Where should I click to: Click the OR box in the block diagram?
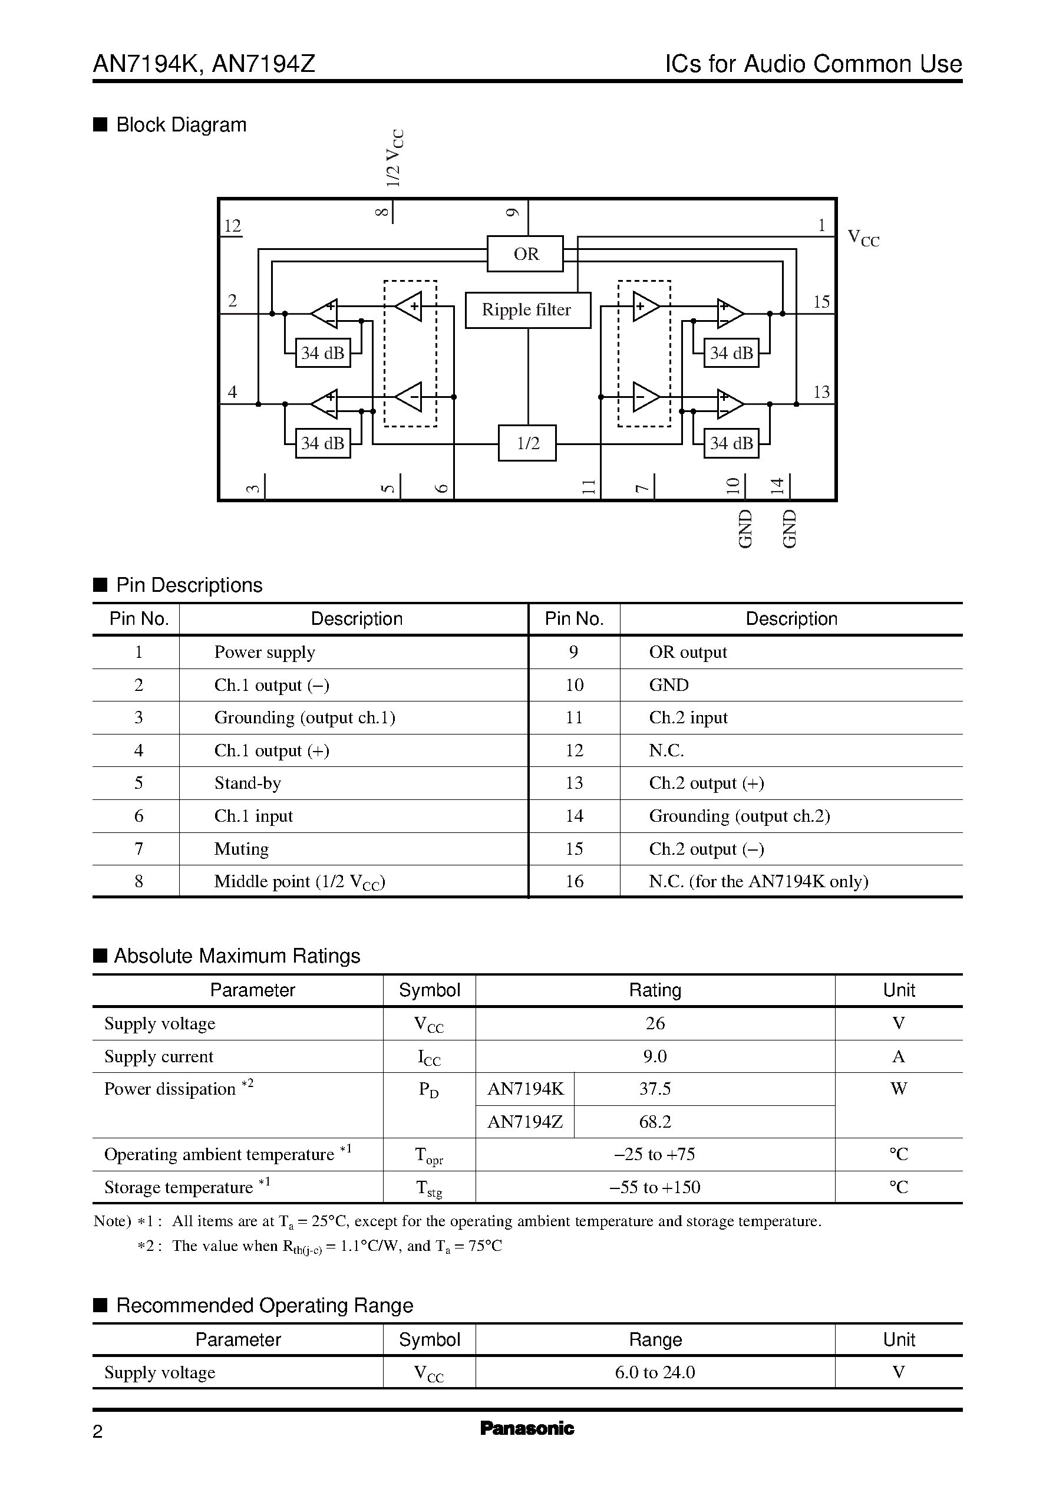pos(526,253)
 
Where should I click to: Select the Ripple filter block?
pos(527,309)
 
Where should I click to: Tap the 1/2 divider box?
pos(527,443)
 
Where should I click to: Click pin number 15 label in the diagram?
pos(821,302)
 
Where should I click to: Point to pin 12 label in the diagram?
pos(232,226)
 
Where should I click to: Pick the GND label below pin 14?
pos(788,528)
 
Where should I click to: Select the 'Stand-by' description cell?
pos(247,783)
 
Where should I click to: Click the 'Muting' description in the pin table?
pos(241,849)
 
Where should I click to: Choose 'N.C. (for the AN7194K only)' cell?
pos(758,881)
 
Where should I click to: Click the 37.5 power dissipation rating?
pos(655,1089)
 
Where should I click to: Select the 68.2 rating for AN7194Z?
pos(655,1121)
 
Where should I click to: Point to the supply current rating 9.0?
pos(655,1056)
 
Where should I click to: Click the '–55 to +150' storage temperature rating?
pos(655,1187)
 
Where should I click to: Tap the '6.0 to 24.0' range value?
pos(655,1372)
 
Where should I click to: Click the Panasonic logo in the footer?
pos(527,1428)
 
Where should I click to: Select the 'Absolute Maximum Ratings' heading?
pos(237,956)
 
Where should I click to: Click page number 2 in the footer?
pos(98,1431)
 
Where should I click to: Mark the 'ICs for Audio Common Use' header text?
pos(813,64)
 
